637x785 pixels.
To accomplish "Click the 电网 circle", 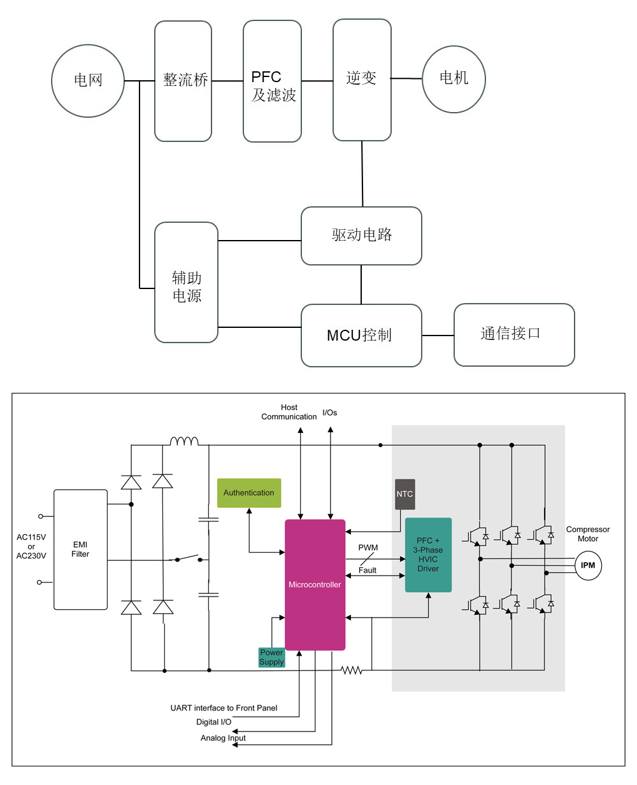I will [x=88, y=81].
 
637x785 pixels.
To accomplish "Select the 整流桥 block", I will [x=183, y=81].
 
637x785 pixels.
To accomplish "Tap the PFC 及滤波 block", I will [x=272, y=81].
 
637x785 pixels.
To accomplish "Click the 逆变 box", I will [x=362, y=80].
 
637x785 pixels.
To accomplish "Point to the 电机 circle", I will [x=454, y=79].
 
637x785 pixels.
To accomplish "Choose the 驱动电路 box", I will [x=361, y=236].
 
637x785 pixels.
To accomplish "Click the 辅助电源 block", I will [x=186, y=283].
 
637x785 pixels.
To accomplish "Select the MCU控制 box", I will [x=361, y=336].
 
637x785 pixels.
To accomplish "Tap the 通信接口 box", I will [x=514, y=335].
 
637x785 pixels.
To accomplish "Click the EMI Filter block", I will [x=80, y=549].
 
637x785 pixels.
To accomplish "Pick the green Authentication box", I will [x=249, y=493].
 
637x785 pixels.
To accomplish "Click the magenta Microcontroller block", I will [x=315, y=584].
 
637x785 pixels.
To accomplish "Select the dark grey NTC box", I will [x=404, y=494].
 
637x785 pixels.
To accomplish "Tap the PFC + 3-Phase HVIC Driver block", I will [x=428, y=555].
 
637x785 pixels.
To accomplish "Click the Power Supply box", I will [x=271, y=657].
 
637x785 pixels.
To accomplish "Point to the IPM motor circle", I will [x=588, y=565].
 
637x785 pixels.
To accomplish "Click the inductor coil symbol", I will [x=184, y=441].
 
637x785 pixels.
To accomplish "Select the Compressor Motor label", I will [x=587, y=534].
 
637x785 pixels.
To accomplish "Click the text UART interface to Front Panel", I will [x=224, y=708].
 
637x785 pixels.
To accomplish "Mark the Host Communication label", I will [x=289, y=412].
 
